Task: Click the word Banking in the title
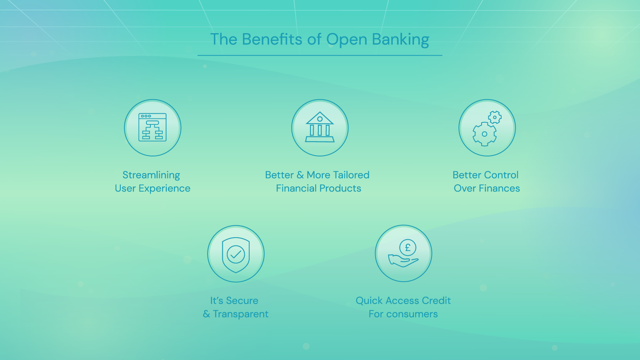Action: point(400,40)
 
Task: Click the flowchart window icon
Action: point(152,127)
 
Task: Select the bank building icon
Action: point(320,127)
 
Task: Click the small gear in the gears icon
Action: point(494,117)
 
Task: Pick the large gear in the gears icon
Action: point(484,134)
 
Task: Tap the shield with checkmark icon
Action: point(236,255)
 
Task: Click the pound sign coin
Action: point(408,248)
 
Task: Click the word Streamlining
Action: point(151,175)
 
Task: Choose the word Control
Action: point(503,175)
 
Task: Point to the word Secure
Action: point(242,300)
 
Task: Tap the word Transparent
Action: point(240,314)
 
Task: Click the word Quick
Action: point(369,300)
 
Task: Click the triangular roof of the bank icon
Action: point(320,118)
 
